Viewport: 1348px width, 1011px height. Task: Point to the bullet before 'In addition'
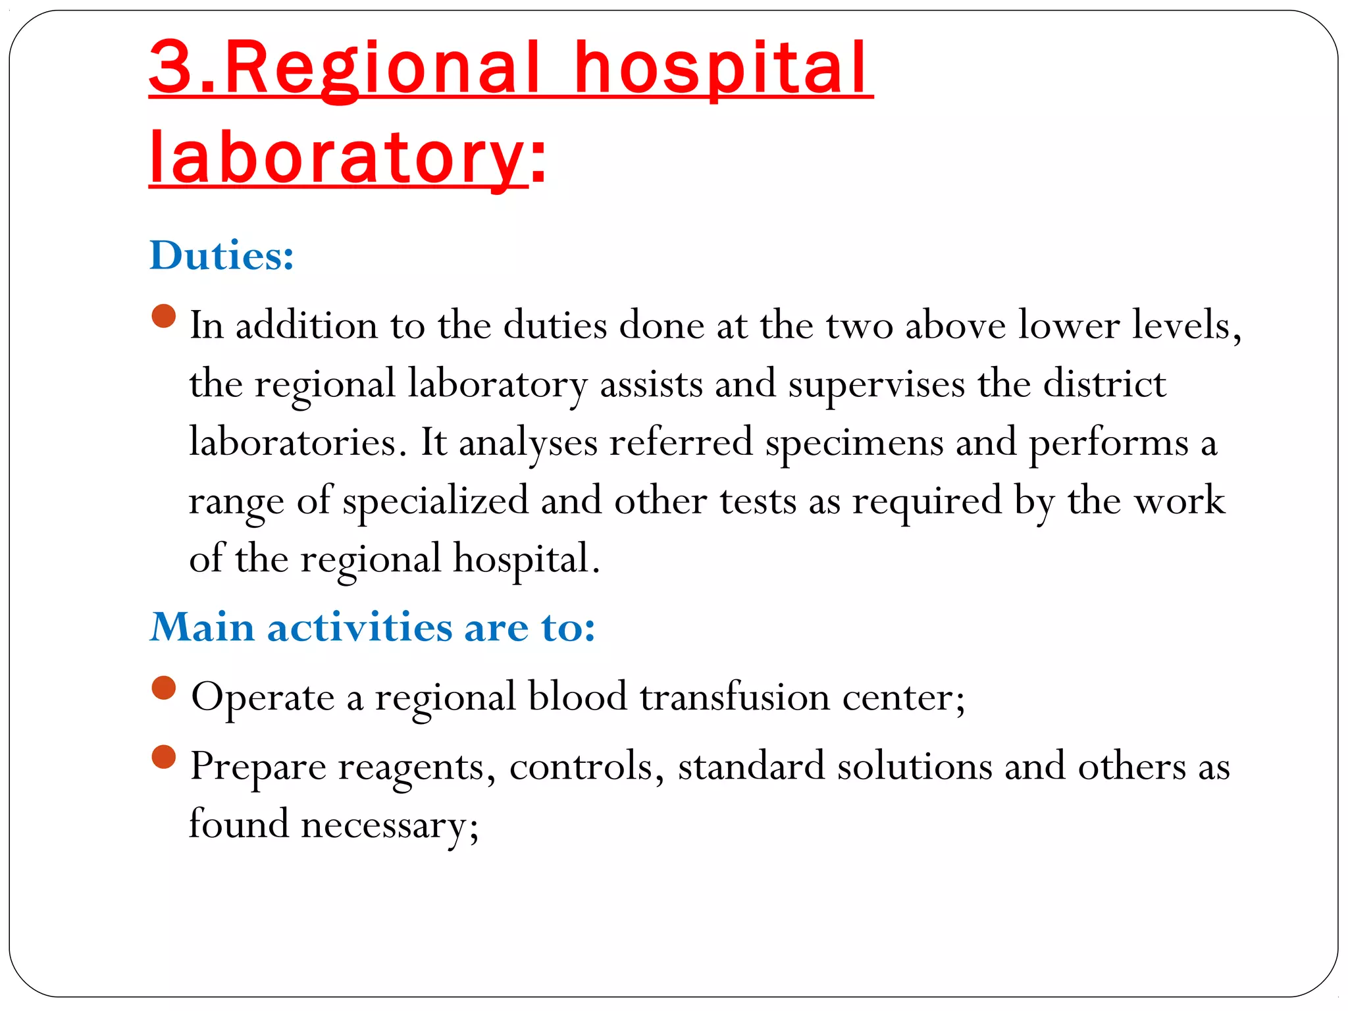point(164,316)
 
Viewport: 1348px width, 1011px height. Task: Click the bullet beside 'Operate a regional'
point(164,688)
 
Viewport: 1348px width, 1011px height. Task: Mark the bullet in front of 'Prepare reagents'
point(164,757)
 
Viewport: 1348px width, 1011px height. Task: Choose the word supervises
point(876,384)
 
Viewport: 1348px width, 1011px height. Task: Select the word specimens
point(854,443)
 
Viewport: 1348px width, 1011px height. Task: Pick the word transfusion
point(735,697)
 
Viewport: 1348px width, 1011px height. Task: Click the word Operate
point(263,698)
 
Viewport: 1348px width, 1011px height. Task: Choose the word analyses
point(528,443)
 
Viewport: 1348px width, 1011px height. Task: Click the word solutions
point(914,766)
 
